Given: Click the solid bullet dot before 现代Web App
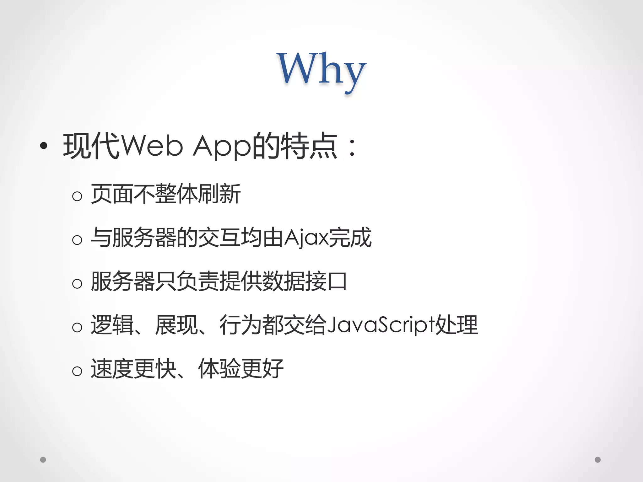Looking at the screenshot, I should point(44,145).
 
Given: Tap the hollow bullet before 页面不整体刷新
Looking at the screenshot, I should point(77,196).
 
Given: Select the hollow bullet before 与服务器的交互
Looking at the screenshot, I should point(77,240).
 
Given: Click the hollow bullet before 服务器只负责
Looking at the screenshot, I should point(77,284).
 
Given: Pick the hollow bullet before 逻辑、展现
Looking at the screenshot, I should point(77,327).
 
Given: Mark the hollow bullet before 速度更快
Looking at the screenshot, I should point(77,371).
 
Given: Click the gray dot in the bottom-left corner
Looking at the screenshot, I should point(43,460).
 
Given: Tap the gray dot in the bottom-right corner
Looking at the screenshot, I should point(598,460).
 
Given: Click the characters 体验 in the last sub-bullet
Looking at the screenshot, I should point(219,368).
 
